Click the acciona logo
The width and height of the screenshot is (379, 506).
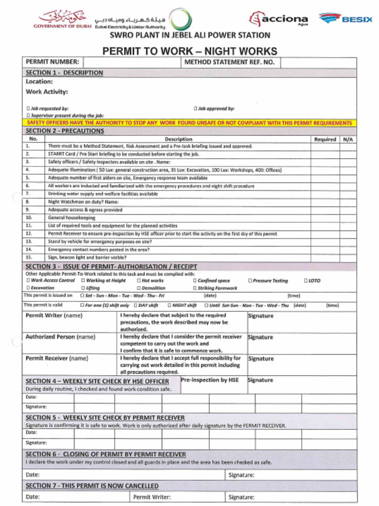pos(279,19)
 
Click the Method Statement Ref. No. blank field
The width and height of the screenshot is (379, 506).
pos(318,62)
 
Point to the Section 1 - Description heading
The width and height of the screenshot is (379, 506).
pos(64,73)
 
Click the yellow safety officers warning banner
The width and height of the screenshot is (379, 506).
pos(189,123)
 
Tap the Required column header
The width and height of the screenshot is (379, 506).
pos(325,139)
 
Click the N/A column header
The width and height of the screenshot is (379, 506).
pos(348,139)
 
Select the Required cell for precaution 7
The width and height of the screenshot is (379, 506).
pos(325,194)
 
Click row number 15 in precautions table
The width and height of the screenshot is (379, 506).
pos(29,257)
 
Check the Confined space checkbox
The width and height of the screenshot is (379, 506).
pos(195,281)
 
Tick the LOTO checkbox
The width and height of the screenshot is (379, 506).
pos(306,281)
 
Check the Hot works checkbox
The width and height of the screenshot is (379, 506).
pos(139,281)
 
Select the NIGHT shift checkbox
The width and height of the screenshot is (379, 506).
pos(169,305)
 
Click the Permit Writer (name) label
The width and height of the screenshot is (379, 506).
pos(54,315)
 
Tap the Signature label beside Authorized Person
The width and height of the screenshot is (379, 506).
pos(261,337)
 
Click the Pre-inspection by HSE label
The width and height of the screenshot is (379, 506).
pos(210,380)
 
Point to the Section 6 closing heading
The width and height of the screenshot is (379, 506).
pos(106,454)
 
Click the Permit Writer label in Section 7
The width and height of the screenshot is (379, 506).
pos(152,497)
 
